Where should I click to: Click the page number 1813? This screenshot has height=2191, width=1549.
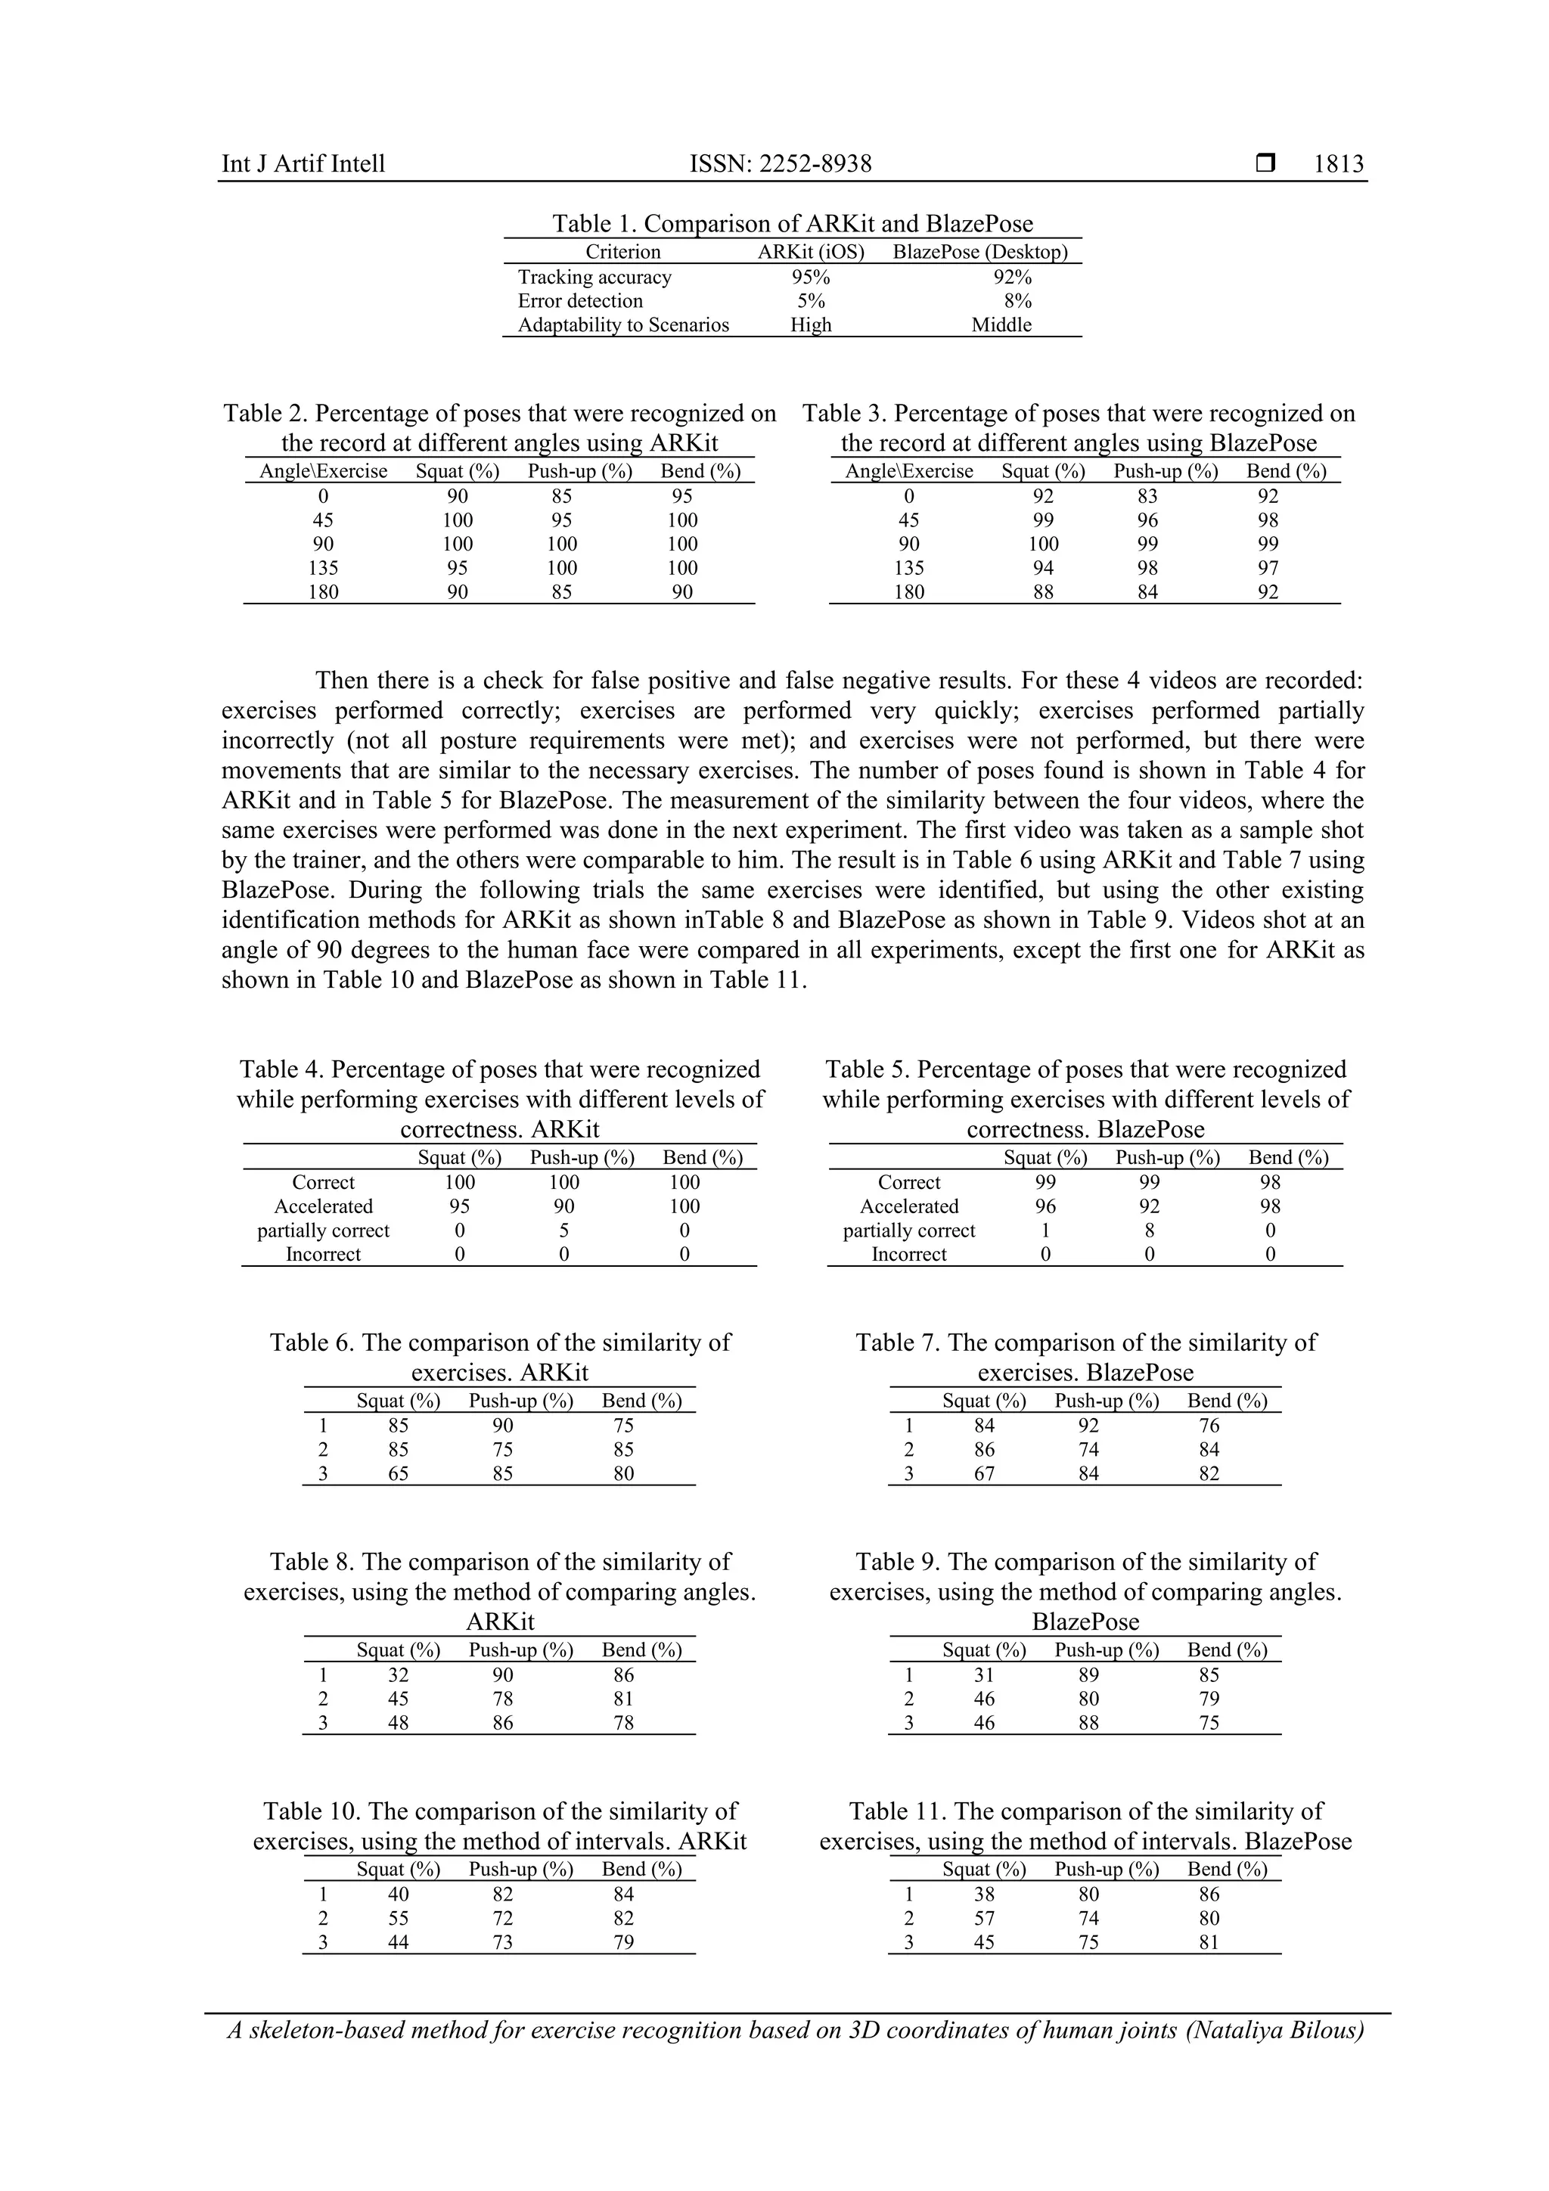click(x=1338, y=164)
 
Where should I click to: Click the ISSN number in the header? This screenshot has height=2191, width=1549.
click(x=781, y=164)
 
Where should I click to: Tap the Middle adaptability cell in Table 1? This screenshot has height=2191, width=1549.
click(x=1001, y=324)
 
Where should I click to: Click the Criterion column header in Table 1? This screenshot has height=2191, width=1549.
click(x=622, y=252)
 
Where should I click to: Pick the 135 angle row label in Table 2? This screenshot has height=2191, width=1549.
click(x=324, y=568)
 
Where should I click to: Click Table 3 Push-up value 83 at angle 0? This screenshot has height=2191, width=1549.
click(x=1147, y=496)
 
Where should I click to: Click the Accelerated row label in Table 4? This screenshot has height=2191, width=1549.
click(x=324, y=1206)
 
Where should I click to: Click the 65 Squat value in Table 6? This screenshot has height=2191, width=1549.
click(x=398, y=1473)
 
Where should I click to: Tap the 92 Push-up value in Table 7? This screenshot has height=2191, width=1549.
click(x=1088, y=1426)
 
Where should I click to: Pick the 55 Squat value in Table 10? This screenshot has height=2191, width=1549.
click(x=398, y=1918)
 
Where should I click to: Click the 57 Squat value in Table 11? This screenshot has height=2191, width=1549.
click(x=984, y=1918)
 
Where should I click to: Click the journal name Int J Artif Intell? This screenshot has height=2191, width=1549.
click(x=303, y=164)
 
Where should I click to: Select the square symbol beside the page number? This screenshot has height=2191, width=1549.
click(x=1265, y=163)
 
